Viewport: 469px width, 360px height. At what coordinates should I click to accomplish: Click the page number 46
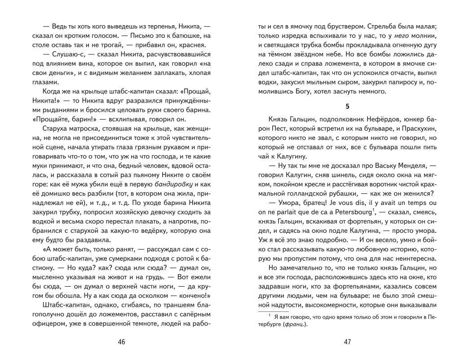pos(121,342)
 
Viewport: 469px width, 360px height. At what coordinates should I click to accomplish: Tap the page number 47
pos(347,342)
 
